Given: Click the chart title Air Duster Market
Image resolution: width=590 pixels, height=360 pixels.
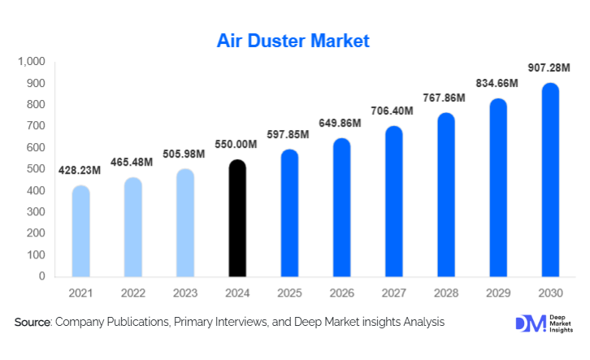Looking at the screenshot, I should pyautogui.click(x=293, y=40).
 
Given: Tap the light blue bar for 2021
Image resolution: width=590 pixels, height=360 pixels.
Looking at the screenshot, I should pyautogui.click(x=81, y=231).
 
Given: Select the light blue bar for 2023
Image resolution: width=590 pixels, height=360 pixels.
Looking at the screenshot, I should pyautogui.click(x=185, y=222).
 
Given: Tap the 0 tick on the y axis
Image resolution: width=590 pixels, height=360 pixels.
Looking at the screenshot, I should pyautogui.click(x=42, y=276).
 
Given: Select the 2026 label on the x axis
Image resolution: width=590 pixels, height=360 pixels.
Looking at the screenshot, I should pyautogui.click(x=341, y=292).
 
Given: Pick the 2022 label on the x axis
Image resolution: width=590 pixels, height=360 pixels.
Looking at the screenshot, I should pyautogui.click(x=133, y=292).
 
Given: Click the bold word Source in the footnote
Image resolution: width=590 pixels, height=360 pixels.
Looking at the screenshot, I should pyautogui.click(x=32, y=323).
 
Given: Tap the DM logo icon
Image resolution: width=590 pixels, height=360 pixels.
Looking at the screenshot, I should pyautogui.click(x=529, y=323).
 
